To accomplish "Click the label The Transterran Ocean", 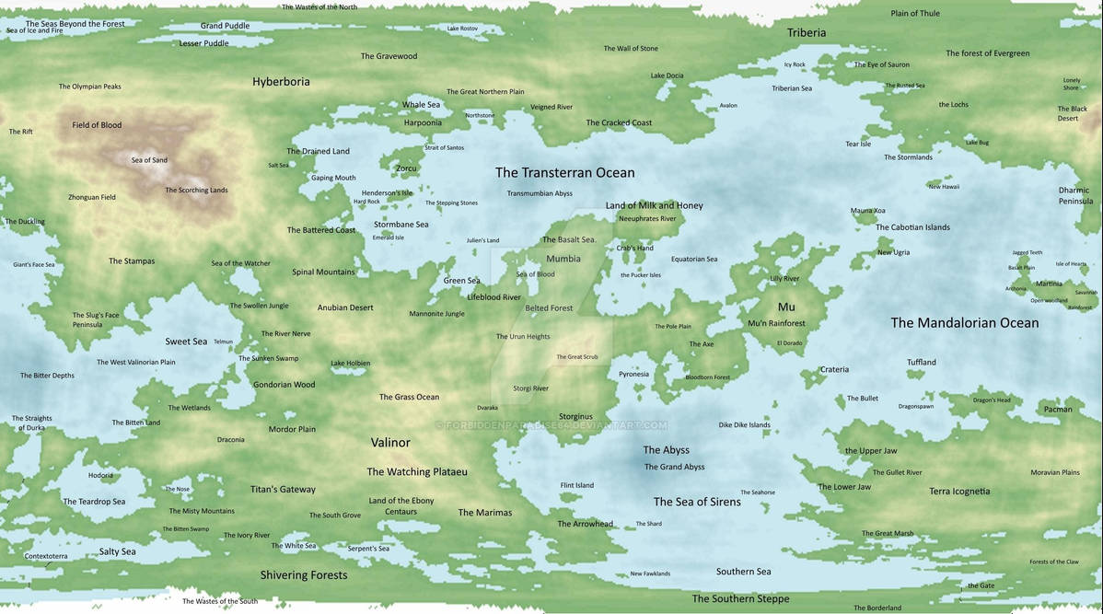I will pyautogui.click(x=564, y=172).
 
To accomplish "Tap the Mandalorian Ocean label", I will pyautogui.click(x=964, y=322).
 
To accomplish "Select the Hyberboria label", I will pyautogui.click(x=281, y=81).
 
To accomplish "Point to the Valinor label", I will pyautogui.click(x=390, y=442).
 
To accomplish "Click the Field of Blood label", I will pyautogui.click(x=97, y=125).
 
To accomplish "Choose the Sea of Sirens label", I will pyautogui.click(x=697, y=502).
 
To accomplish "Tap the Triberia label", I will pyautogui.click(x=807, y=32).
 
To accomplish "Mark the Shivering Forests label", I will pyautogui.click(x=304, y=574).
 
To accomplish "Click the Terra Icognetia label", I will pyautogui.click(x=959, y=492).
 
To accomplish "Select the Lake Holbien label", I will pyautogui.click(x=350, y=364).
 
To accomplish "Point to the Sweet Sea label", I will pyautogui.click(x=186, y=342).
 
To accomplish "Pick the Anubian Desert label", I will pyautogui.click(x=345, y=307).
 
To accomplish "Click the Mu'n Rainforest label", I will pyautogui.click(x=776, y=323).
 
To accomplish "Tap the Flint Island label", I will pyautogui.click(x=577, y=485).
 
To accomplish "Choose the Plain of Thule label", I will pyautogui.click(x=915, y=13).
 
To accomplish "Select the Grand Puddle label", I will pyautogui.click(x=225, y=26).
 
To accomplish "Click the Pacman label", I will pyautogui.click(x=1058, y=409).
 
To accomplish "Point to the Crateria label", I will pyautogui.click(x=834, y=369).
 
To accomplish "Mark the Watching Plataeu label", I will pyautogui.click(x=417, y=471).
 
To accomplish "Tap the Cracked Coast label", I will pyautogui.click(x=619, y=122).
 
